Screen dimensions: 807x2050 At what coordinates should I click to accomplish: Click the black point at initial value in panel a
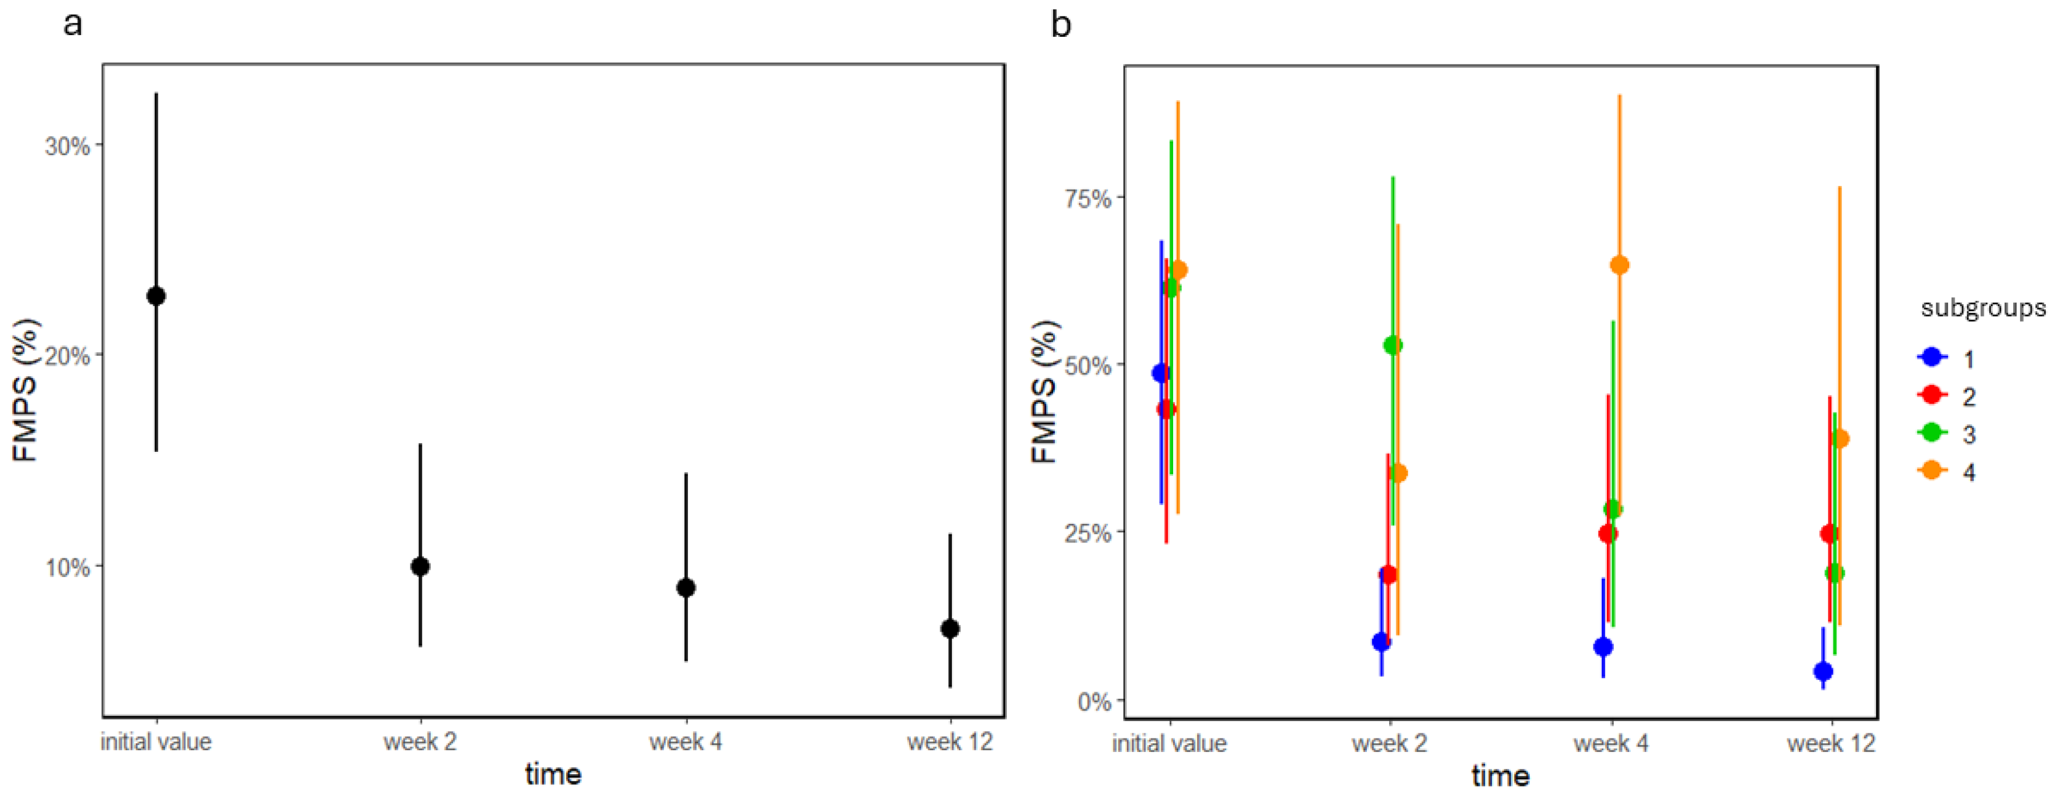pyautogui.click(x=156, y=296)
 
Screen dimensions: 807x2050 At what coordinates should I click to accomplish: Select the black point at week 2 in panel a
pyautogui.click(x=420, y=566)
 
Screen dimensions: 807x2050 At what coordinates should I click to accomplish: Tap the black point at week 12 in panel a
pyautogui.click(x=949, y=629)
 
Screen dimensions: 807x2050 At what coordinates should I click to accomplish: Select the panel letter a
pyautogui.click(x=73, y=24)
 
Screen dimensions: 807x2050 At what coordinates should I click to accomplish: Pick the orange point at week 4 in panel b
pyautogui.click(x=1620, y=265)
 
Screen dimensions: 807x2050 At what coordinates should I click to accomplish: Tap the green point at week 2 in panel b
pyautogui.click(x=1393, y=345)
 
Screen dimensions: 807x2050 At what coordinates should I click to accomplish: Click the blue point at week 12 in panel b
pyautogui.click(x=1823, y=672)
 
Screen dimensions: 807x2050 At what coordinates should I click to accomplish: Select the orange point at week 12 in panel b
pyautogui.click(x=1839, y=438)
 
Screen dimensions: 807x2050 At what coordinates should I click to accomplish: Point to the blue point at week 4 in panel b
pyautogui.click(x=1603, y=647)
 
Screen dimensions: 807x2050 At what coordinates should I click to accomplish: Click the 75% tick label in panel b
pyautogui.click(x=1088, y=198)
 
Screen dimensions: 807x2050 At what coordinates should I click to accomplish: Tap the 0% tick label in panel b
pyautogui.click(x=1094, y=702)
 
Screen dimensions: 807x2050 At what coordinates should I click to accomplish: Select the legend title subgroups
pyautogui.click(x=1982, y=308)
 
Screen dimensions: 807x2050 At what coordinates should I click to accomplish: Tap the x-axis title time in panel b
pyautogui.click(x=1500, y=775)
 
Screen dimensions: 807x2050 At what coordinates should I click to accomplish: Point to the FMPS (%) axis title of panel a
pyautogui.click(x=26, y=390)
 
